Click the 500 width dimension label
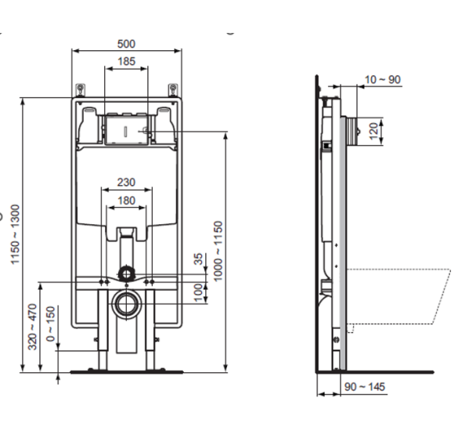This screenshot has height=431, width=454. [x=125, y=44]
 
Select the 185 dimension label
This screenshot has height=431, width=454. [x=125, y=60]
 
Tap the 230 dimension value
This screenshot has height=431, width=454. [x=125, y=182]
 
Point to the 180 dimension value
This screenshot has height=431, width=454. [x=125, y=200]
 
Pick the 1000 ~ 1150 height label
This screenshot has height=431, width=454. [x=219, y=251]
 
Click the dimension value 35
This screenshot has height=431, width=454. [x=199, y=259]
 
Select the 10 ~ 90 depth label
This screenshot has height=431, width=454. [x=382, y=79]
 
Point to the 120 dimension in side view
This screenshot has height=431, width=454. [x=374, y=129]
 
